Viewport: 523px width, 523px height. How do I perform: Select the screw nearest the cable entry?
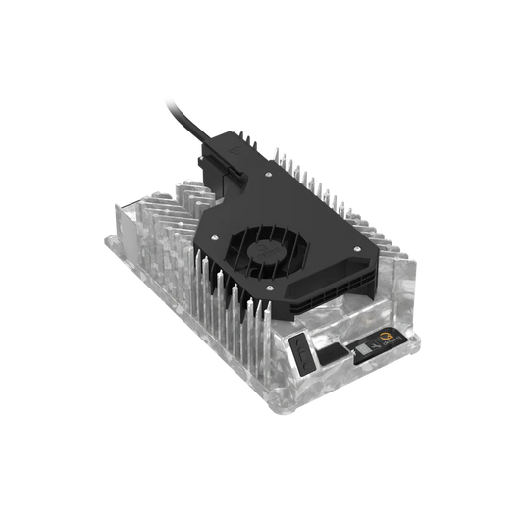267,174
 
